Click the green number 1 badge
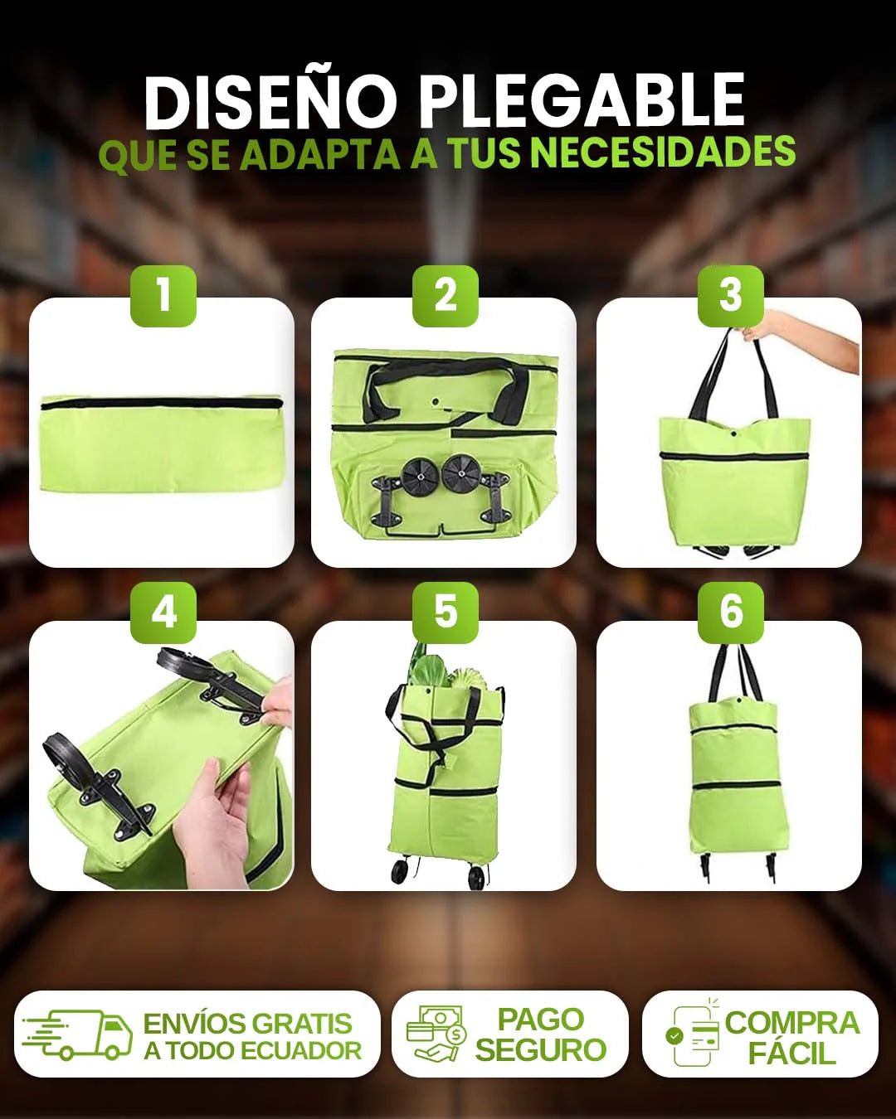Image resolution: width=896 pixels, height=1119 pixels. click(x=163, y=296)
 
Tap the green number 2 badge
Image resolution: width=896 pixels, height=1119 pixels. click(x=446, y=296)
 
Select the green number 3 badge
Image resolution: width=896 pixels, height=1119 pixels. click(x=730, y=296)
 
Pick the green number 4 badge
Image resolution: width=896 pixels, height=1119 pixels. click(x=163, y=613)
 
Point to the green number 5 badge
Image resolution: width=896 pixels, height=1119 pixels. click(x=446, y=613)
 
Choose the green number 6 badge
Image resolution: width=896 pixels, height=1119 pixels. click(x=730, y=613)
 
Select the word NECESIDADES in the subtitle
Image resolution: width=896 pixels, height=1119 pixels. click(x=663, y=152)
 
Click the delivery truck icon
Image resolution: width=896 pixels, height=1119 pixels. click(x=76, y=1034)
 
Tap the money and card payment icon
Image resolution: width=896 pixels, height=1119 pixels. click(x=436, y=1033)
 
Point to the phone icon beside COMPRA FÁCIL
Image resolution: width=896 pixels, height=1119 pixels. click(x=693, y=1034)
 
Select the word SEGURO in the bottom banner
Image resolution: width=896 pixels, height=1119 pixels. click(x=540, y=1049)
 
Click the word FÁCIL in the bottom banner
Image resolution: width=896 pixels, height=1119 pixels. click(x=791, y=1052)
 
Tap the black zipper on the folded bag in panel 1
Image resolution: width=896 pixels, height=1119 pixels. click(x=162, y=403)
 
